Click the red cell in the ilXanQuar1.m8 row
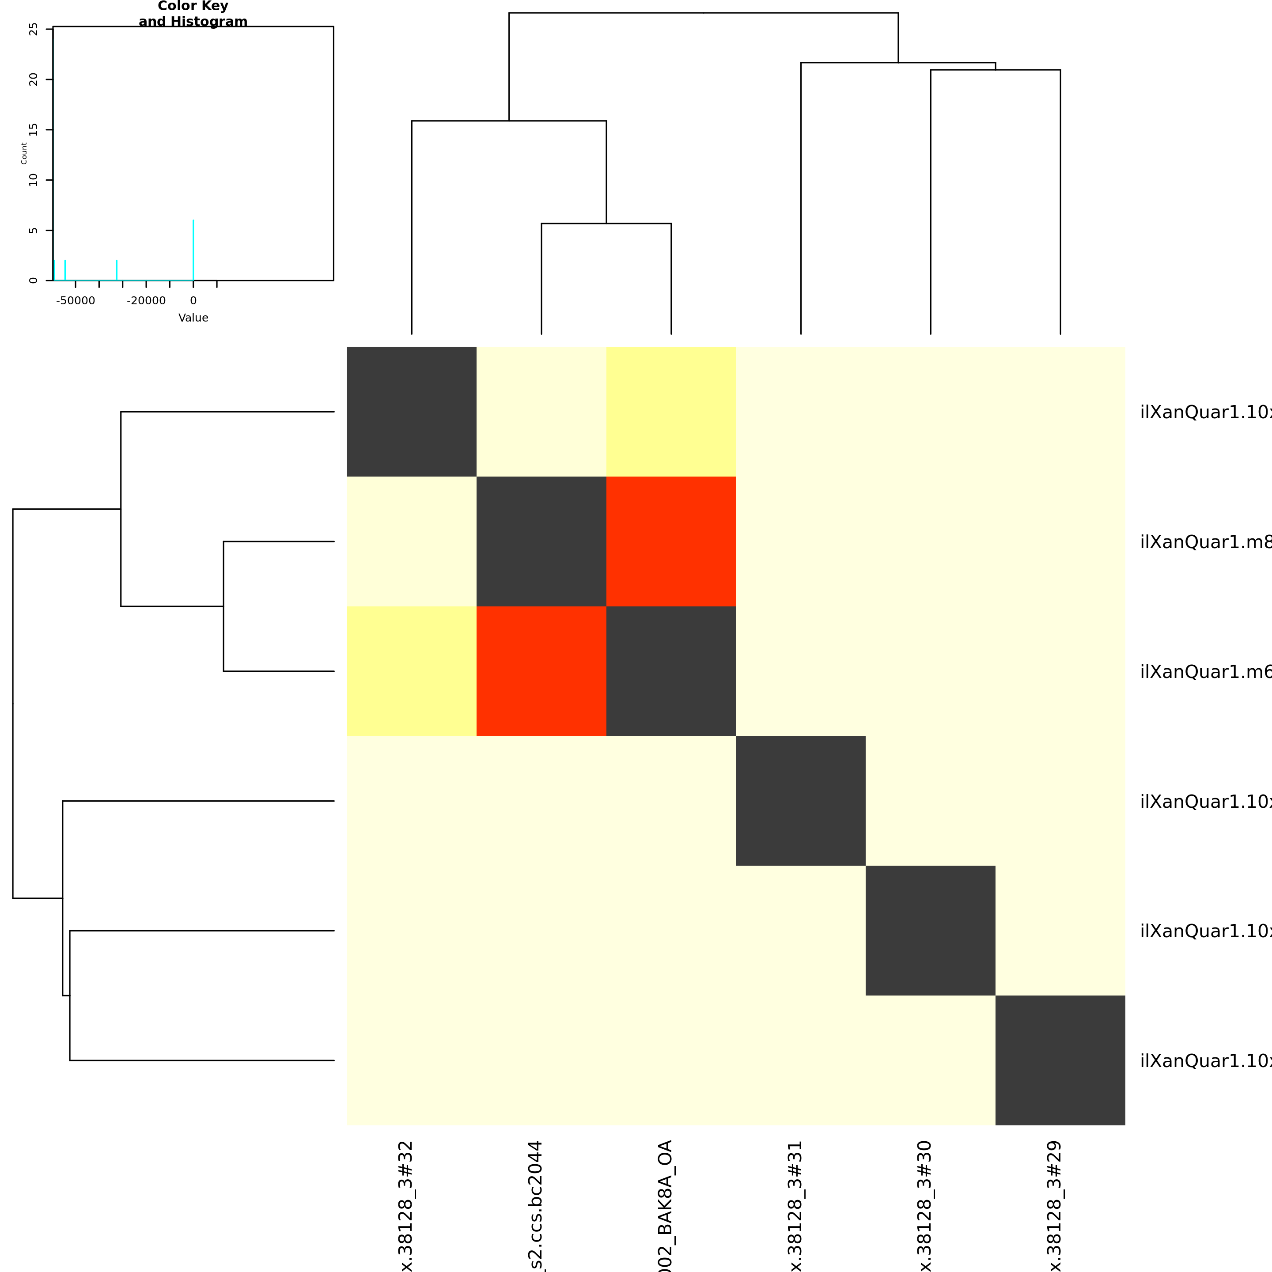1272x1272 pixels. tap(671, 541)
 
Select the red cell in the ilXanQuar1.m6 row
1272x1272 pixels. tap(541, 671)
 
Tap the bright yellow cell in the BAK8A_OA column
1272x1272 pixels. tap(671, 412)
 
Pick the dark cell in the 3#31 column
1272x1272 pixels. tap(801, 801)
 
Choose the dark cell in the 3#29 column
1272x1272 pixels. tap(1060, 1060)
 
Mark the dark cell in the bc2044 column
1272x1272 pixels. tap(541, 541)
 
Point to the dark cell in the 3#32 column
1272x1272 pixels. tap(412, 412)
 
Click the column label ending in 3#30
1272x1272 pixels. tap(925, 1205)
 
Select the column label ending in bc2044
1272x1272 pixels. tap(536, 1205)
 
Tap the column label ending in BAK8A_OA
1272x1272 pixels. tap(666, 1205)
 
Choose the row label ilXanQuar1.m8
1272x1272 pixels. tap(1205, 542)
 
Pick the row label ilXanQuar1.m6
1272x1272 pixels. tap(1205, 671)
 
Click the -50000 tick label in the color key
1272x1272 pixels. tap(75, 301)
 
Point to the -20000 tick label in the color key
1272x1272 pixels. tap(146, 301)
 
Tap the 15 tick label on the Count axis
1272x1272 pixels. tap(34, 130)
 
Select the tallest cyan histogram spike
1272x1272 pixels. tap(193, 250)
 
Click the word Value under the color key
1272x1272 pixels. tap(193, 318)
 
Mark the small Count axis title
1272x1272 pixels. tap(24, 153)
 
